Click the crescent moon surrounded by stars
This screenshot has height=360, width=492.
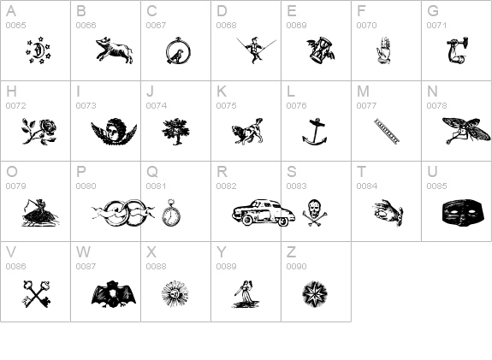click(39, 50)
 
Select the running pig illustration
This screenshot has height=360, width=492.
click(115, 50)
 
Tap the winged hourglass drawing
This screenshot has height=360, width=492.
click(321, 50)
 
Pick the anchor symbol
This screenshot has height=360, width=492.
click(314, 132)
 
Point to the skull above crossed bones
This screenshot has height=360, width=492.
click(314, 212)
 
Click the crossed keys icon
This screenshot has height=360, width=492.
click(37, 294)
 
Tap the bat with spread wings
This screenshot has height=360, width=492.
click(114, 294)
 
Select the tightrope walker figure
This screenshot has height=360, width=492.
click(256, 50)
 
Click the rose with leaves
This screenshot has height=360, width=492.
click(39, 132)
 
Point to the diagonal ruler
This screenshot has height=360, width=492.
click(387, 132)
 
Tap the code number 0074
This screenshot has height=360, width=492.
click(157, 106)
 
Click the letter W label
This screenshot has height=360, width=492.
click(83, 252)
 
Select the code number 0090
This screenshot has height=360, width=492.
click(297, 266)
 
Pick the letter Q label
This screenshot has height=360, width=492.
click(152, 172)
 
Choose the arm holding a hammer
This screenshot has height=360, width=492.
click(458, 50)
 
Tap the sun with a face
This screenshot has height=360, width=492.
click(175, 294)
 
